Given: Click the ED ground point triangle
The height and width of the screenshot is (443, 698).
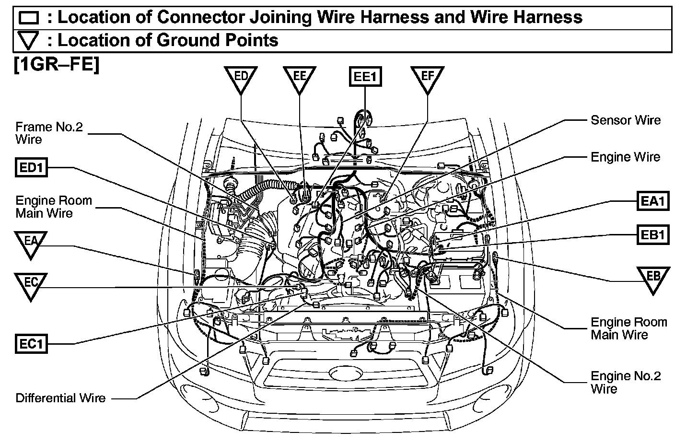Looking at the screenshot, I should coord(241,78).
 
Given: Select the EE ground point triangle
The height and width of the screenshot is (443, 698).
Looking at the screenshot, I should coord(300,78).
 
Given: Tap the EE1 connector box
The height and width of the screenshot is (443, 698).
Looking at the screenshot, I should coord(365,77).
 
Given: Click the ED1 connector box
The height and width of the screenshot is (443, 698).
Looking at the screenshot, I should coord(31,168).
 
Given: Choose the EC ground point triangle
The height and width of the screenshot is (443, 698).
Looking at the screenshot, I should coord(31,285).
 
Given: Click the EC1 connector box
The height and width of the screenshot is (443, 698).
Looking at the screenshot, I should coord(31,344).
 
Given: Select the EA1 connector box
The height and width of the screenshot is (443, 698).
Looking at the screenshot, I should coord(653,201).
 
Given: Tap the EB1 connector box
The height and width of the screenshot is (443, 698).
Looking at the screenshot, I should coord(653,234).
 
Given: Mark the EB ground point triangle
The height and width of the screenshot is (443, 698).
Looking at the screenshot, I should coord(653,278).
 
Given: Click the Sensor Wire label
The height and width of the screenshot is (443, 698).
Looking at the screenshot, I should coord(625,120).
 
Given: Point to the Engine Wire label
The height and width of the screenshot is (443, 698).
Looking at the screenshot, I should coord(625,157).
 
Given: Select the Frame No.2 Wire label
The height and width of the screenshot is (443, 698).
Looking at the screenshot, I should coord(49,133).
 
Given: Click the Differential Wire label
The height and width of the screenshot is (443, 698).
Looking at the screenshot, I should coord(60,398).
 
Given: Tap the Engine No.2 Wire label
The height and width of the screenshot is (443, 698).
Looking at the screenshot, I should coord(626,382).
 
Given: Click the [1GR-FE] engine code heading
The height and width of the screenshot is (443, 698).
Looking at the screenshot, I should coord(57,64).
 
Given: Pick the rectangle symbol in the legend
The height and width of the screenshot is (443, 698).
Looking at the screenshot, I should coord(29,18).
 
